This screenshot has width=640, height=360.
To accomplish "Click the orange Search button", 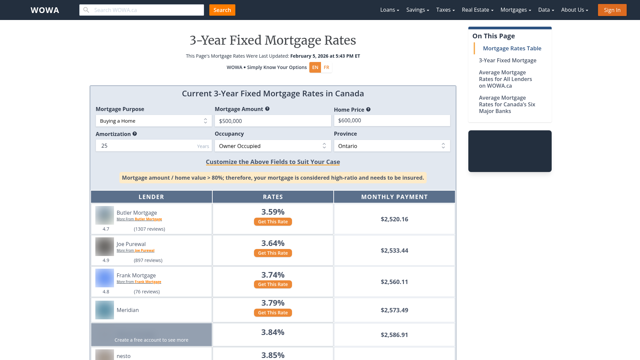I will pos(222,10).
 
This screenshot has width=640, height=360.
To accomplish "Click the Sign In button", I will pos(612,10).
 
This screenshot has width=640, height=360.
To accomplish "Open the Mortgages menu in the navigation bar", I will pos(515,10).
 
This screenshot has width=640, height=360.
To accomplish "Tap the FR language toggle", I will pos(326,67).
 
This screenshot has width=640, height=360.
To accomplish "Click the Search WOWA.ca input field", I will pos(142,10).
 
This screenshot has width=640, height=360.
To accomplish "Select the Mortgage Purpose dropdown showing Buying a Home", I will pos(154,121).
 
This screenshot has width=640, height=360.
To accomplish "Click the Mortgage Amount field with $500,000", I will pos(273,121).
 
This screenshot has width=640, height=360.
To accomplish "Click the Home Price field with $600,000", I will pos(392,121).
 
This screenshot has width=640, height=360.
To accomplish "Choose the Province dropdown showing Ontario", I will pos(392,146).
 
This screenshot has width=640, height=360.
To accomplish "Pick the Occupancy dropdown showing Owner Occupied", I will pos(273,146).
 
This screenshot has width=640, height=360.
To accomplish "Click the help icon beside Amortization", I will pos(135,134).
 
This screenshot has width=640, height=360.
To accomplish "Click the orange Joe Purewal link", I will pos(144,251).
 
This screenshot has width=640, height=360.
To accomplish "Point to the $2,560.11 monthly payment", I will pos(394,282).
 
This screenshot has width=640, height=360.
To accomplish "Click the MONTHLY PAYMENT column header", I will pos(394,197).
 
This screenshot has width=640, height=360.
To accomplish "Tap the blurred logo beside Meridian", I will pos(105,310).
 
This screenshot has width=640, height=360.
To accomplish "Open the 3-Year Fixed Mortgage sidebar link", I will pos(507,60).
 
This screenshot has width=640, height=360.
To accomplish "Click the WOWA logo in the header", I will pos(45,10).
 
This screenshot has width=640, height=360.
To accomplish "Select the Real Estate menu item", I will pos(477,10).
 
